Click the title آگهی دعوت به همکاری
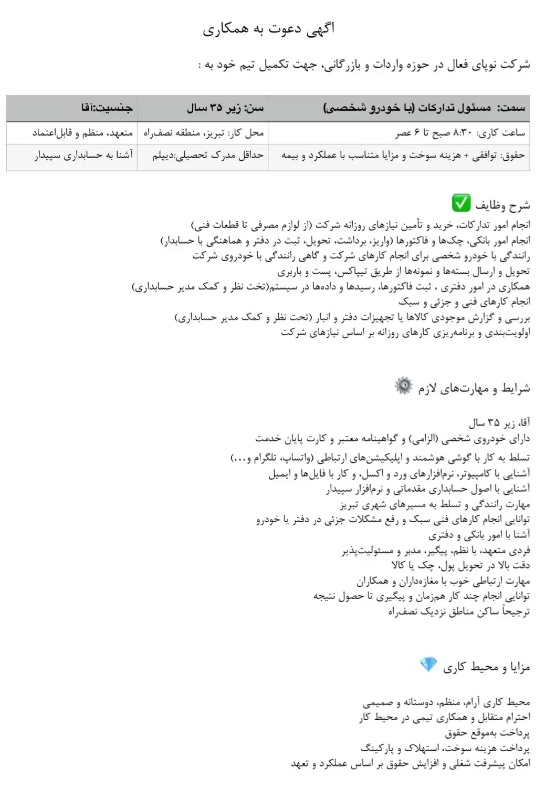[268, 29]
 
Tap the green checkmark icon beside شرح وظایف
[461, 203]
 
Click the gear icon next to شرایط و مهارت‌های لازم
[404, 386]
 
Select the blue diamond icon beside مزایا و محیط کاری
[428, 665]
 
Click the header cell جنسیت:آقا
[107, 108]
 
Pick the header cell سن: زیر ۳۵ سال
[225, 108]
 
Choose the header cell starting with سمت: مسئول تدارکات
[424, 108]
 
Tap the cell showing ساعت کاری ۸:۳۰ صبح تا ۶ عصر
[460, 133]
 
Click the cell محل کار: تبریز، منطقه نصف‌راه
[204, 133]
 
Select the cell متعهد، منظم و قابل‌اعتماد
[82, 133]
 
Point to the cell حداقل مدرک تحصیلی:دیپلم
[208, 155]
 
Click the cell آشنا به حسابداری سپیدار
[84, 155]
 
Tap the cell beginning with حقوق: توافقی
[403, 155]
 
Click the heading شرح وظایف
[502, 204]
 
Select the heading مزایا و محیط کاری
[486, 667]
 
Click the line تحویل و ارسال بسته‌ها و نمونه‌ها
[404, 271]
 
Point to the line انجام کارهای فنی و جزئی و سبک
[464, 302]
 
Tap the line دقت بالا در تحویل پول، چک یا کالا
[460, 565]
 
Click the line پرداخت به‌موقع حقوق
[487, 732]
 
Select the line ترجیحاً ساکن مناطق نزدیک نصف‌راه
[459, 611]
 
